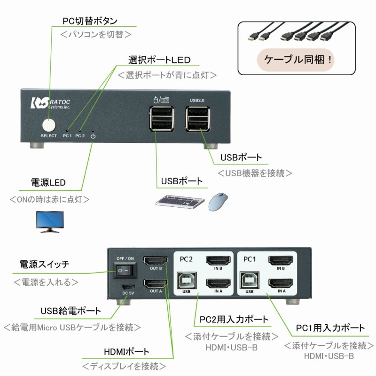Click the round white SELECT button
click(x=48, y=125)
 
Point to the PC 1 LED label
click(x=67, y=136)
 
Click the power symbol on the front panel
click(x=93, y=136)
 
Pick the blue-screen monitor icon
click(x=51, y=221)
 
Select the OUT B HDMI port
click(x=156, y=261)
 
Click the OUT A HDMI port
click(x=156, y=283)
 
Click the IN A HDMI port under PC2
click(x=218, y=283)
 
